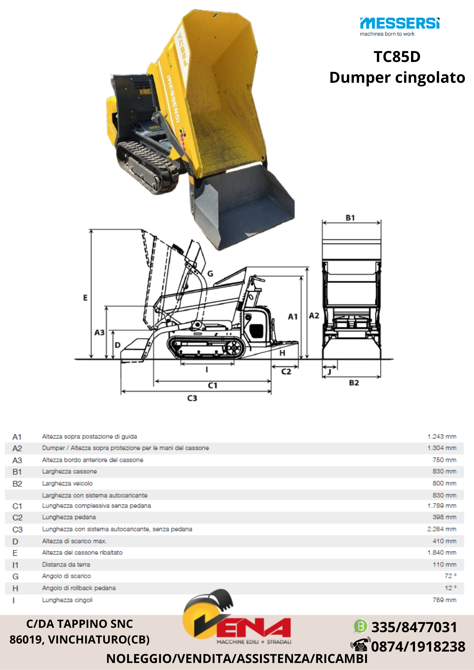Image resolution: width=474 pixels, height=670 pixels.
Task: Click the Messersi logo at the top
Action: point(400,26)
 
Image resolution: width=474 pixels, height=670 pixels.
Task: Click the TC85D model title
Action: point(397,57)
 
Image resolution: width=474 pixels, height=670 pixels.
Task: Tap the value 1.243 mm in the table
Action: point(442,437)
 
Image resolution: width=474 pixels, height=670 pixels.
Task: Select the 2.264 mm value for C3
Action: point(442,529)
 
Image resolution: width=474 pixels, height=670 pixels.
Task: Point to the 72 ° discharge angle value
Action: point(451,576)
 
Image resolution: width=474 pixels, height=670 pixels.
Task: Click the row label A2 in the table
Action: point(17,448)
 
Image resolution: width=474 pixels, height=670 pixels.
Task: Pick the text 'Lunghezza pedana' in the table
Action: point(69,517)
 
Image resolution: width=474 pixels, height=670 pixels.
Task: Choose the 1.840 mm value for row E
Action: point(442,552)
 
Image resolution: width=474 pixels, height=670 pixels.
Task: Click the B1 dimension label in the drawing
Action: point(350,218)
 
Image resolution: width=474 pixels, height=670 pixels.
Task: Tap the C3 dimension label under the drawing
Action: point(192,398)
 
